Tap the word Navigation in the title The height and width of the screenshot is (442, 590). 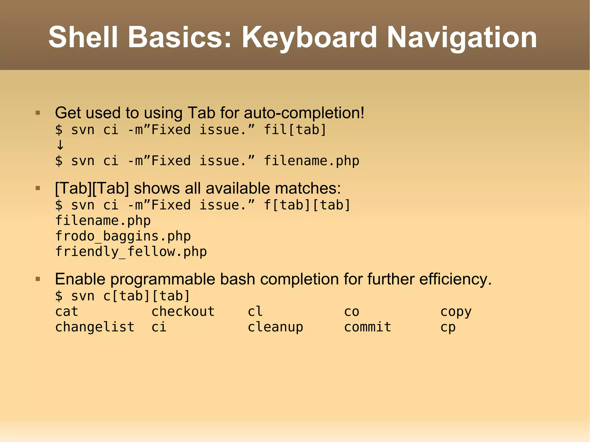pos(462,37)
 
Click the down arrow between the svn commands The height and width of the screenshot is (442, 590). pos(60,145)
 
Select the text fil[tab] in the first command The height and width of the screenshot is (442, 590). pos(295,130)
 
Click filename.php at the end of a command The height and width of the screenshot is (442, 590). pos(311,161)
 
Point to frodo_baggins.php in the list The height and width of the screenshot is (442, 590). pos(123,236)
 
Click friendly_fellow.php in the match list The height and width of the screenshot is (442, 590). pos(131,252)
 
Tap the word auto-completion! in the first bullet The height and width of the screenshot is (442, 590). pos(304,113)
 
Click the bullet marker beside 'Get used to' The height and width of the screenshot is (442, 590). pos(38,113)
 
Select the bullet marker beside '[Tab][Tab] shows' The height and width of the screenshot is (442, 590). pos(38,188)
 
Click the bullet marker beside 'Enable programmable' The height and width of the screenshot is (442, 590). pos(38,279)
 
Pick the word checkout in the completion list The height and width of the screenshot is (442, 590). pos(183,312)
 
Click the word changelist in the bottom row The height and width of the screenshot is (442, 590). pos(95,327)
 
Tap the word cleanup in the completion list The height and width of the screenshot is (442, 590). pos(275,327)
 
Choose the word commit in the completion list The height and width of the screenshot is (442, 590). pos(368,327)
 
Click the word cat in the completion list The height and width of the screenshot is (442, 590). pos(67,312)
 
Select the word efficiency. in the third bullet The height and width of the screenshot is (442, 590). pos(455,279)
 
